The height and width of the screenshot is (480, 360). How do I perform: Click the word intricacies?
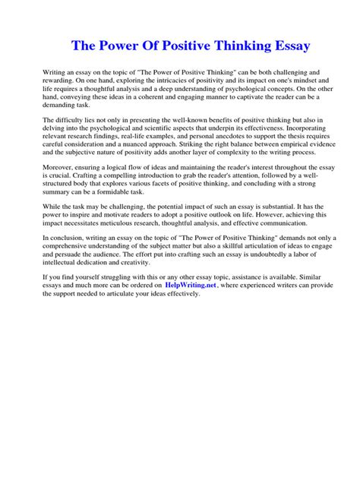[181, 79]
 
